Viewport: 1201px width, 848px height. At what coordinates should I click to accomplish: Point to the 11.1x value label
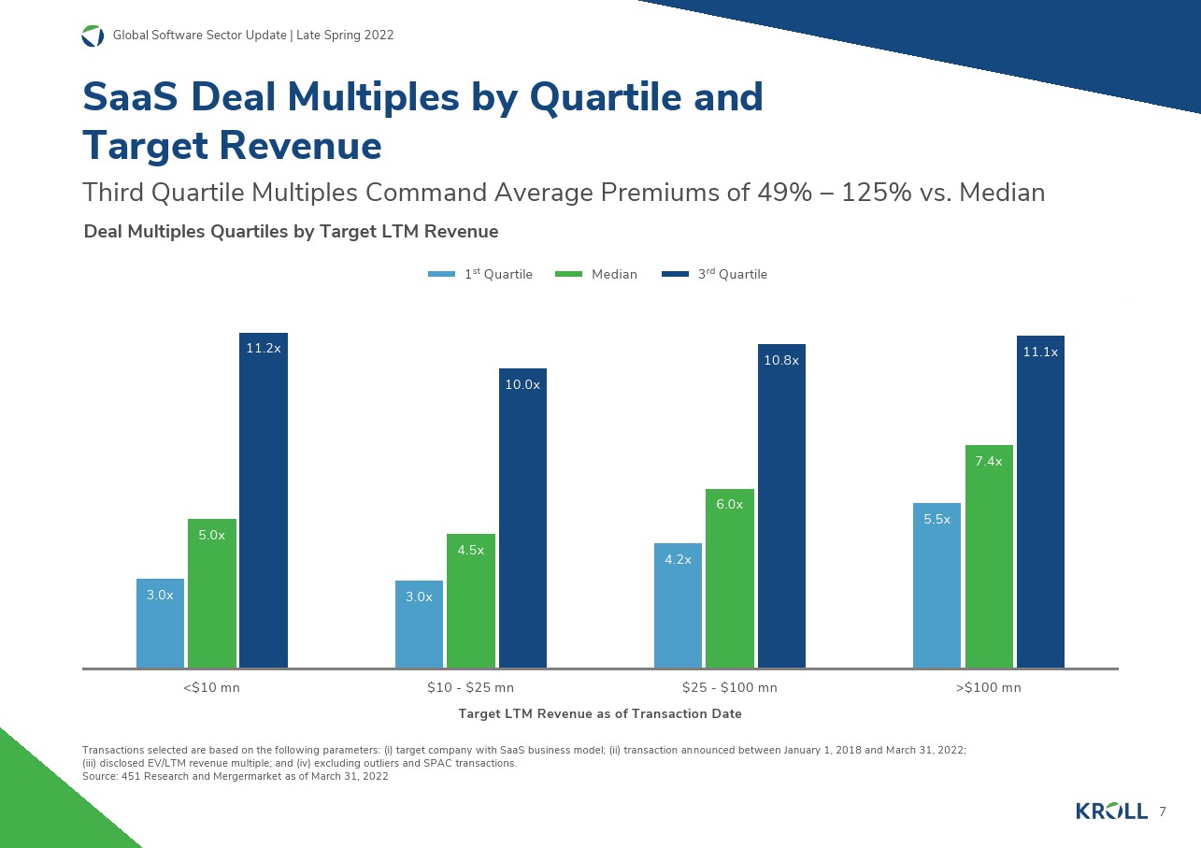coord(1040,352)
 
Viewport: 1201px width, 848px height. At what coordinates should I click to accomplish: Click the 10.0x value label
coord(522,384)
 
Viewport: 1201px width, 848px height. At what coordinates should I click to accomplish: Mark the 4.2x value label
coord(678,560)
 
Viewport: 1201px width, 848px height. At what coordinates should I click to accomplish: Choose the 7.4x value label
coord(989,462)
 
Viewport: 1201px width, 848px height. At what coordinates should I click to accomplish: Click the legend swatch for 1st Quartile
coord(441,275)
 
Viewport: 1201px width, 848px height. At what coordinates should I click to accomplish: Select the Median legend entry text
coord(614,275)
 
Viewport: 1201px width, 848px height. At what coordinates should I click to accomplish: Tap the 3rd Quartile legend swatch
coord(675,275)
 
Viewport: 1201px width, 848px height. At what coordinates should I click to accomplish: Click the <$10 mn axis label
coord(211,688)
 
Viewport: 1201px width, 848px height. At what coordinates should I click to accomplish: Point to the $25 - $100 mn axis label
coord(730,688)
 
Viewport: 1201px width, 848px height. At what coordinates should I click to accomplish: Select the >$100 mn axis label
coord(988,688)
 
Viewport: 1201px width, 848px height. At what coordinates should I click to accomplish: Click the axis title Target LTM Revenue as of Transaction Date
coord(600,713)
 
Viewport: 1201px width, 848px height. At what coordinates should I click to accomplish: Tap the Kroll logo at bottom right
coord(1111,812)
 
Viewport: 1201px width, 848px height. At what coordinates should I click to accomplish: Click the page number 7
coord(1162,812)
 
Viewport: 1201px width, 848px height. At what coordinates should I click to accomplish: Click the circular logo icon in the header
coord(93,36)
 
